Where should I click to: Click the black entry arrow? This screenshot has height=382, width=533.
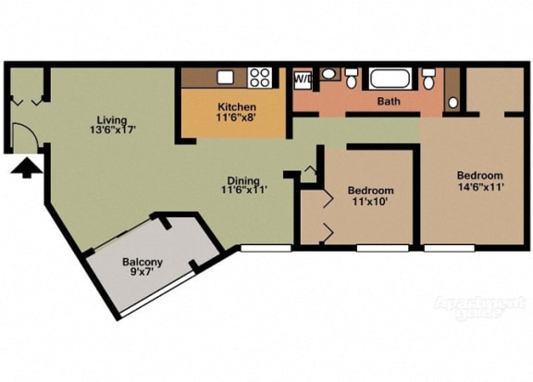[x=29, y=167]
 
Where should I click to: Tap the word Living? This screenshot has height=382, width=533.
[x=113, y=119]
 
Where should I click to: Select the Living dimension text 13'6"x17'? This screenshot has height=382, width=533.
[x=113, y=130]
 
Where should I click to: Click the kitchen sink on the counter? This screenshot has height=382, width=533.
[x=225, y=78]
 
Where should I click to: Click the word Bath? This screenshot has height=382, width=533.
[x=389, y=102]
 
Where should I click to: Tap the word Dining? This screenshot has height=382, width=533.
[x=243, y=180]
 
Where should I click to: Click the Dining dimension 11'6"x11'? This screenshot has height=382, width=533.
[x=243, y=191]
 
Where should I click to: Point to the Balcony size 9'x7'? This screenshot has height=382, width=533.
[x=143, y=274]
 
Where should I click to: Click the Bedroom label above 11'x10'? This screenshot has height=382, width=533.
[x=370, y=191]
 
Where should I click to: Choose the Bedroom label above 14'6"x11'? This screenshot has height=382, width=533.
[x=479, y=176]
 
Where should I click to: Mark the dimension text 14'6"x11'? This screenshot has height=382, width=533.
[x=479, y=188]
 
